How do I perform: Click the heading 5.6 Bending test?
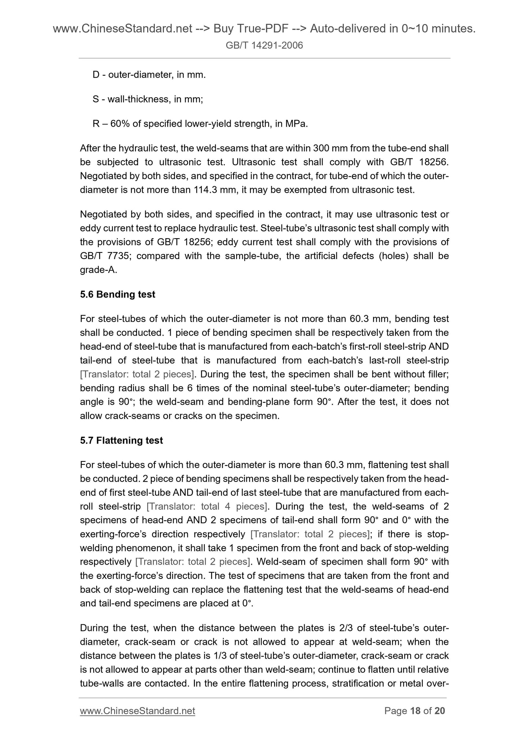click(118, 294)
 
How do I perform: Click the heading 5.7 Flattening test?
click(121, 440)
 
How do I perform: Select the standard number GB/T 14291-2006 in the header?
click(264, 45)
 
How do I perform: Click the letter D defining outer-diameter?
click(96, 75)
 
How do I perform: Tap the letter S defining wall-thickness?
click(96, 99)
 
